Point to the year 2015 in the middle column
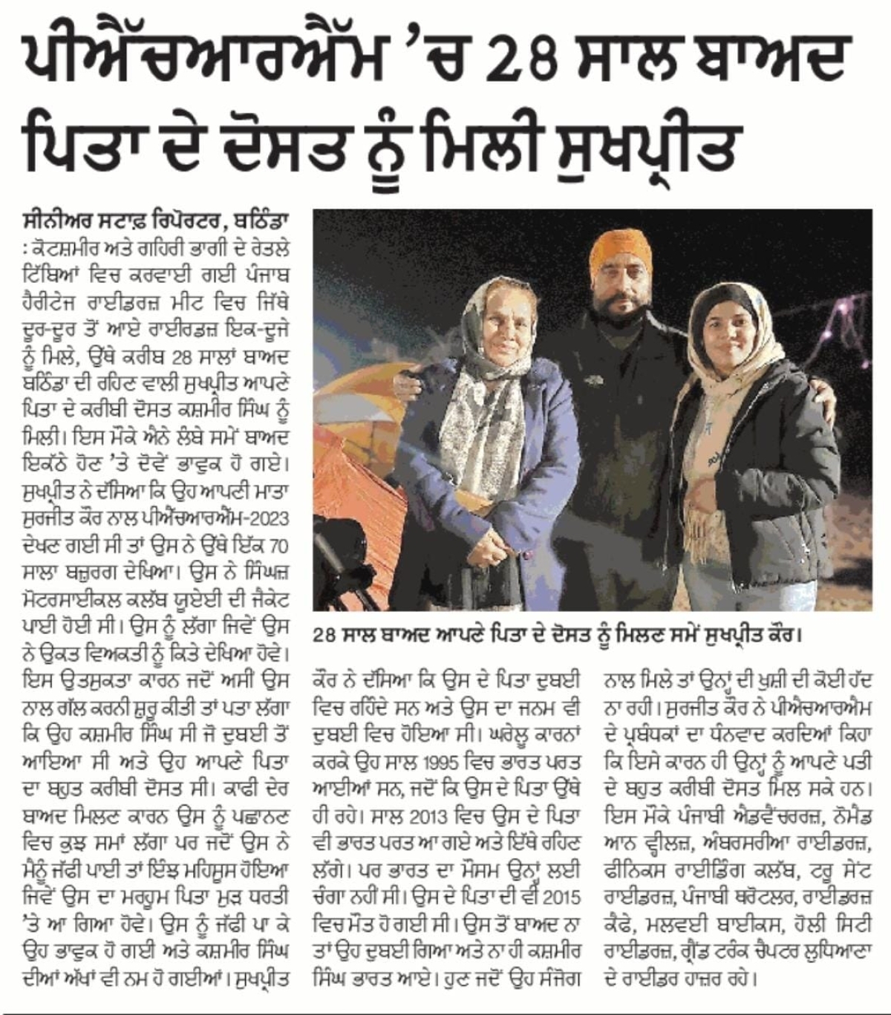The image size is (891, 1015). click(x=561, y=897)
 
